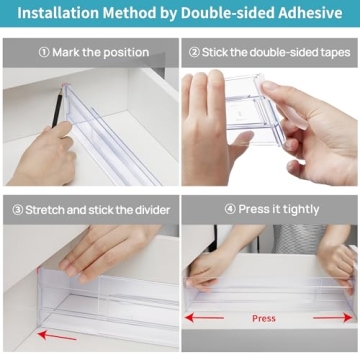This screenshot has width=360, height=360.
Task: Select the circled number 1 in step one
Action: pyautogui.click(x=45, y=52)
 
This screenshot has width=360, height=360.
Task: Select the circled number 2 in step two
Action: pyautogui.click(x=194, y=52)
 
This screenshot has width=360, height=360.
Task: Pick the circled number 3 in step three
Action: pyautogui.click(x=19, y=209)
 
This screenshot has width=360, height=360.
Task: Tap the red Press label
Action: pyautogui.click(x=263, y=319)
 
